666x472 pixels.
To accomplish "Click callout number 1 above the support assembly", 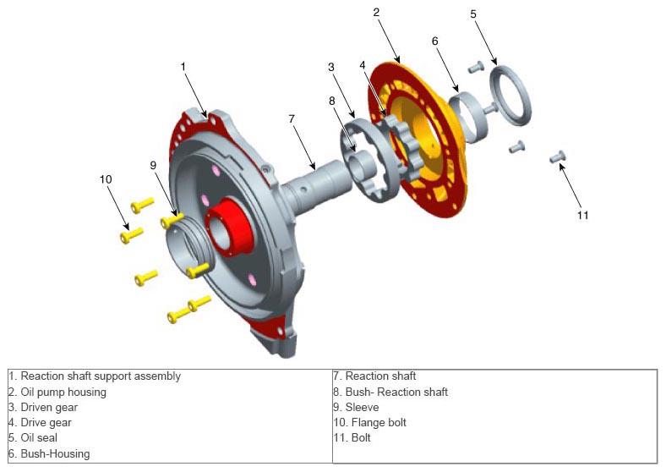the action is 183,67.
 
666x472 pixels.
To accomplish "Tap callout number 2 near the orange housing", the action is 376,13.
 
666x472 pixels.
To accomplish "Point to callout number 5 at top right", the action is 473,14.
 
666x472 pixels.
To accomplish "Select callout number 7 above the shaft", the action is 292,118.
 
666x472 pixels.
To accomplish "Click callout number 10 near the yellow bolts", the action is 106,179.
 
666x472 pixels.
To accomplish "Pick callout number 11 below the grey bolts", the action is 583,215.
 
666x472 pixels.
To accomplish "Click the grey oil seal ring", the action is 510,95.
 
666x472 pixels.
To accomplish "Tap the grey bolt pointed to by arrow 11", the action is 558,156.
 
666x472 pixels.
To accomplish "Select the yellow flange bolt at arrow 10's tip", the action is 131,235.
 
